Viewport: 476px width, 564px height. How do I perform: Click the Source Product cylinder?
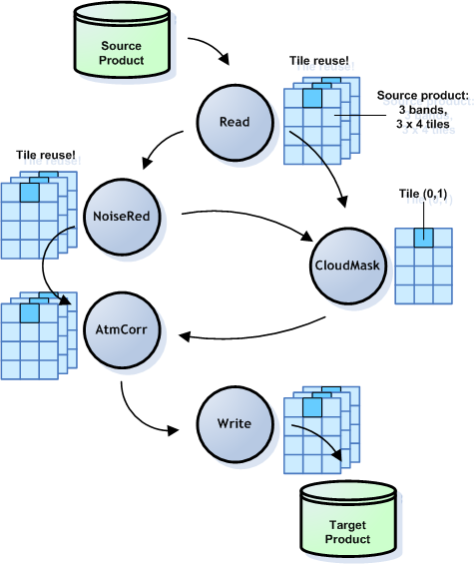(122, 52)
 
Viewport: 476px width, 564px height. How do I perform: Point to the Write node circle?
(235, 423)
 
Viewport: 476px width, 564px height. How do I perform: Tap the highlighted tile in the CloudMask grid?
(423, 238)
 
